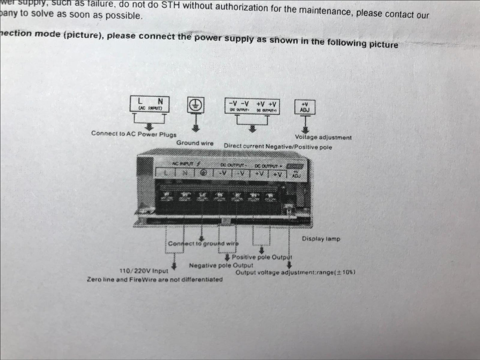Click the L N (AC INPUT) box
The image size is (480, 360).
pyautogui.click(x=149, y=104)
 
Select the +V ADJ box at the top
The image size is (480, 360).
pyautogui.click(x=305, y=107)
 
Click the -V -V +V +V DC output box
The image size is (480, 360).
pyautogui.click(x=252, y=107)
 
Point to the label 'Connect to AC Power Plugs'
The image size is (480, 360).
pyautogui.click(x=134, y=134)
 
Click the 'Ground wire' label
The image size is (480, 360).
pyautogui.click(x=195, y=143)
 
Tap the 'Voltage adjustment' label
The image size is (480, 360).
pyautogui.click(x=323, y=137)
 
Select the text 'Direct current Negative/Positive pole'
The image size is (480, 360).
pyautogui.click(x=278, y=146)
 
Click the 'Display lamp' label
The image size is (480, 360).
pyautogui.click(x=321, y=238)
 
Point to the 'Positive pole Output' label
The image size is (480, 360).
pyautogui.click(x=262, y=257)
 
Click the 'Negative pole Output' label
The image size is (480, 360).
pyautogui.click(x=221, y=265)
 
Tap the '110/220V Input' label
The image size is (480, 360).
pyautogui.click(x=144, y=271)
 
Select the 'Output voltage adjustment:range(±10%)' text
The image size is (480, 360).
pyautogui.click(x=295, y=273)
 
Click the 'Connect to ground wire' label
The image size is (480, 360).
pyautogui.click(x=203, y=243)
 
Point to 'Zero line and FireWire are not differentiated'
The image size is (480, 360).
pyautogui.click(x=155, y=279)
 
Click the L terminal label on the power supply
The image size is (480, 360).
pyautogui.click(x=166, y=172)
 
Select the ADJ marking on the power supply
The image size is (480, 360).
pyautogui.click(x=296, y=175)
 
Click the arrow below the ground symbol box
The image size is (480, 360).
pyautogui.click(x=196, y=128)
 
